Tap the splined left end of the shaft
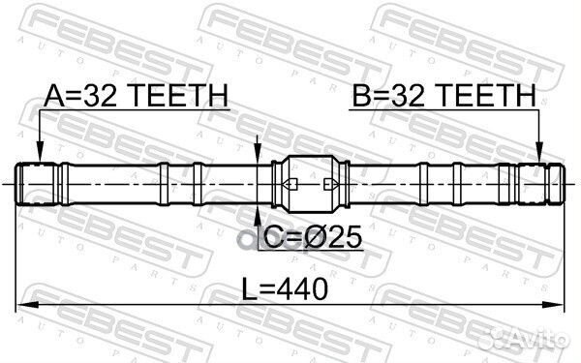click(37, 183)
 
